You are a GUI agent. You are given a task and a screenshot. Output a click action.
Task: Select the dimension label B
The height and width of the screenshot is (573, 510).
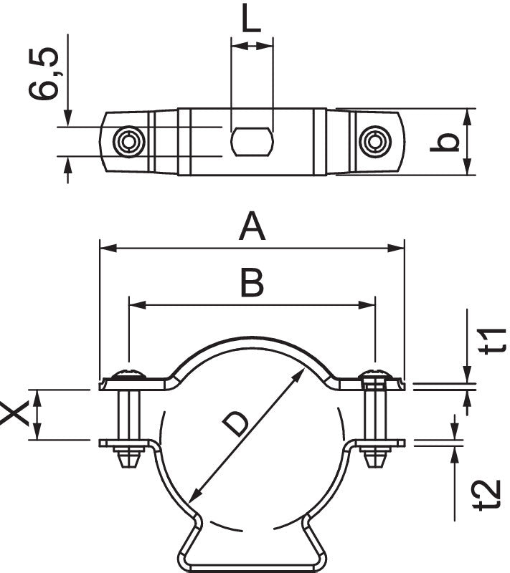[252, 283]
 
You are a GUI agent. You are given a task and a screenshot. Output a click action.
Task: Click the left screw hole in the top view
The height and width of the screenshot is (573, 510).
[129, 141]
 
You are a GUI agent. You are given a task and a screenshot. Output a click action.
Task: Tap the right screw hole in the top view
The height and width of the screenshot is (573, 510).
[374, 141]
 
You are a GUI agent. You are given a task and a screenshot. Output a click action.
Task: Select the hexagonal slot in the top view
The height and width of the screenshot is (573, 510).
[252, 141]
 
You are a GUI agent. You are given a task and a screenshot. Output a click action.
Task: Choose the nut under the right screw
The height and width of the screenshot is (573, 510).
[374, 456]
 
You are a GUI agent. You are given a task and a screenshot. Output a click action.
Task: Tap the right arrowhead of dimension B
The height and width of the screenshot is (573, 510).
[369, 304]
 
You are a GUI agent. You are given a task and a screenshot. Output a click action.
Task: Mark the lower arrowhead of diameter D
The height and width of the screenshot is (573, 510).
[193, 495]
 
